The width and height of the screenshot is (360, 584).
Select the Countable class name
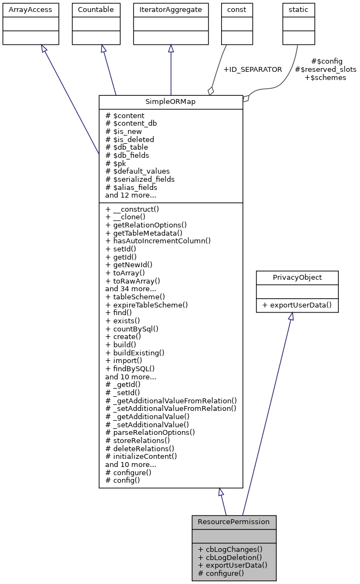click(x=96, y=10)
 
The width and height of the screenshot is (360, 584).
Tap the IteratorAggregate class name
click(x=170, y=10)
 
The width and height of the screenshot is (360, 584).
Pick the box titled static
click(x=298, y=10)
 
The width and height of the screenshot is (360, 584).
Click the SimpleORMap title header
click(x=170, y=102)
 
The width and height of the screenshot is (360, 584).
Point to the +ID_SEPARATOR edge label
click(x=253, y=70)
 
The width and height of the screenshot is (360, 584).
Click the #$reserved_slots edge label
click(x=325, y=70)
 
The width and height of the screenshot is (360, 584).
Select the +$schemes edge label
click(x=325, y=78)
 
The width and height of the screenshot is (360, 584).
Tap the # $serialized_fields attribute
click(x=140, y=179)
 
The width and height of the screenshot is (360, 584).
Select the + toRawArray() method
click(x=133, y=281)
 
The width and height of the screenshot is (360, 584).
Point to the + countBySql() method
click(x=132, y=329)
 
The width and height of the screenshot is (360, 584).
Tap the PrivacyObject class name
click(x=297, y=277)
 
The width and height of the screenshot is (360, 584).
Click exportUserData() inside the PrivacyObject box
click(x=297, y=305)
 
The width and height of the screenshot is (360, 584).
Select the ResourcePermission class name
click(x=234, y=521)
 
